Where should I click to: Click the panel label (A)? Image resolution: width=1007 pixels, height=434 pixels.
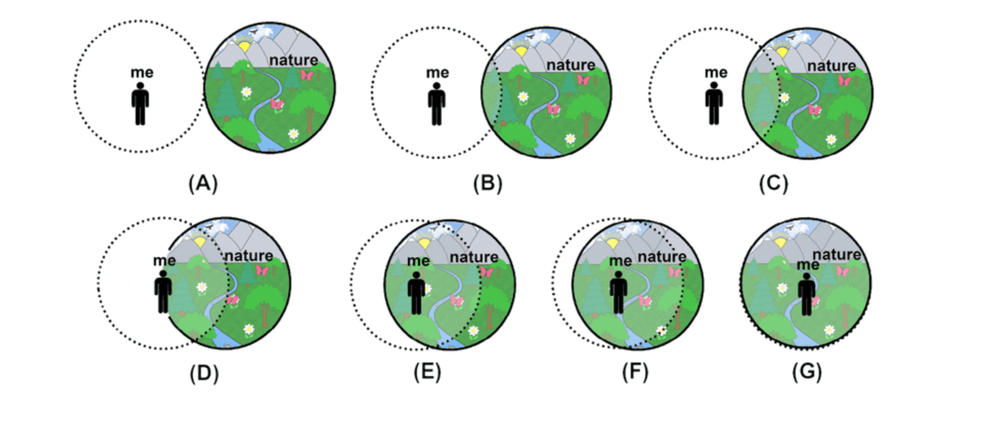[203, 183]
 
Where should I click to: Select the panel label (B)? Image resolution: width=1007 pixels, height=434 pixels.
[488, 183]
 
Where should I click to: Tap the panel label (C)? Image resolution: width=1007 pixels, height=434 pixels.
[773, 183]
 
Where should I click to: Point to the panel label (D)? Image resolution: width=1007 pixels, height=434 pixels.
[204, 373]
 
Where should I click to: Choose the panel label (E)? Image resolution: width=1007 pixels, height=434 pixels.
[427, 372]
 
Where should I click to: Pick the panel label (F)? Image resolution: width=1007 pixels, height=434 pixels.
[635, 372]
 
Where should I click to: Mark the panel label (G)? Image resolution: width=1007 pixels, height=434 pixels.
[807, 372]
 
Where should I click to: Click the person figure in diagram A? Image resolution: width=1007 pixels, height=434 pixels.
[140, 104]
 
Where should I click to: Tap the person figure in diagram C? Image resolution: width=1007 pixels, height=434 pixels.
[714, 105]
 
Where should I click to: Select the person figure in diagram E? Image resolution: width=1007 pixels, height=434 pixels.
[417, 293]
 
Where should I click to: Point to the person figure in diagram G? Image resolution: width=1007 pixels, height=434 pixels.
[807, 294]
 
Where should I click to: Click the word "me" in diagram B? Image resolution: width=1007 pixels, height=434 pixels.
[437, 73]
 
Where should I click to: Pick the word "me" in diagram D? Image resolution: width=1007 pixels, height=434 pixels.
[164, 260]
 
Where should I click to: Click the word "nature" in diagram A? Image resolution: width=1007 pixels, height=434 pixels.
[293, 60]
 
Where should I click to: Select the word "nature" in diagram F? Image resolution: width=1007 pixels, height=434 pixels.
[661, 256]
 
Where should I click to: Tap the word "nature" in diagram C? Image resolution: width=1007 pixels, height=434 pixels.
[831, 66]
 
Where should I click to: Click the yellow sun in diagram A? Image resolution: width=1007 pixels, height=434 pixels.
[244, 46]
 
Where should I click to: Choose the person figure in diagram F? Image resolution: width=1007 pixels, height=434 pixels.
[619, 293]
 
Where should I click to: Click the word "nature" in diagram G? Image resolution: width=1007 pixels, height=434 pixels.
[836, 254]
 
